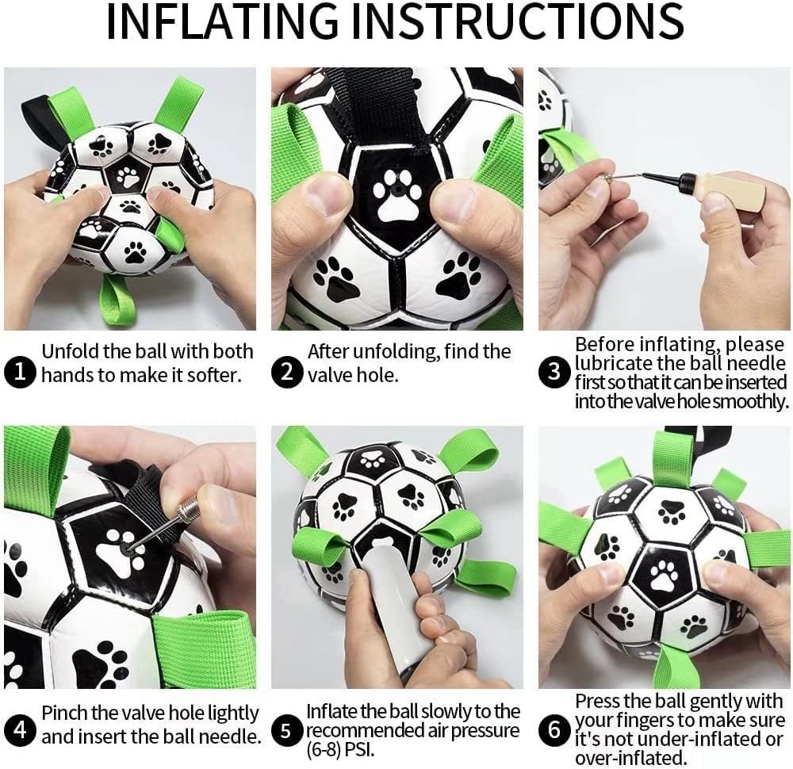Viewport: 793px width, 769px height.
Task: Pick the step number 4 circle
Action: [20, 730]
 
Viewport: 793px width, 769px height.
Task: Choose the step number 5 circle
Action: [288, 730]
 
